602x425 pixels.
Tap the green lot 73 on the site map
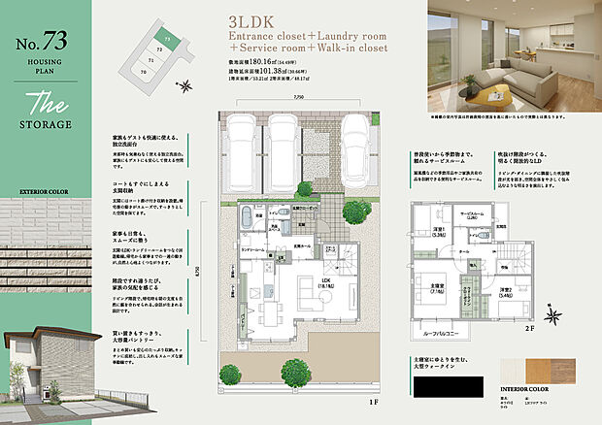(168, 41)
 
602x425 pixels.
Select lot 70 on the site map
(144, 71)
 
